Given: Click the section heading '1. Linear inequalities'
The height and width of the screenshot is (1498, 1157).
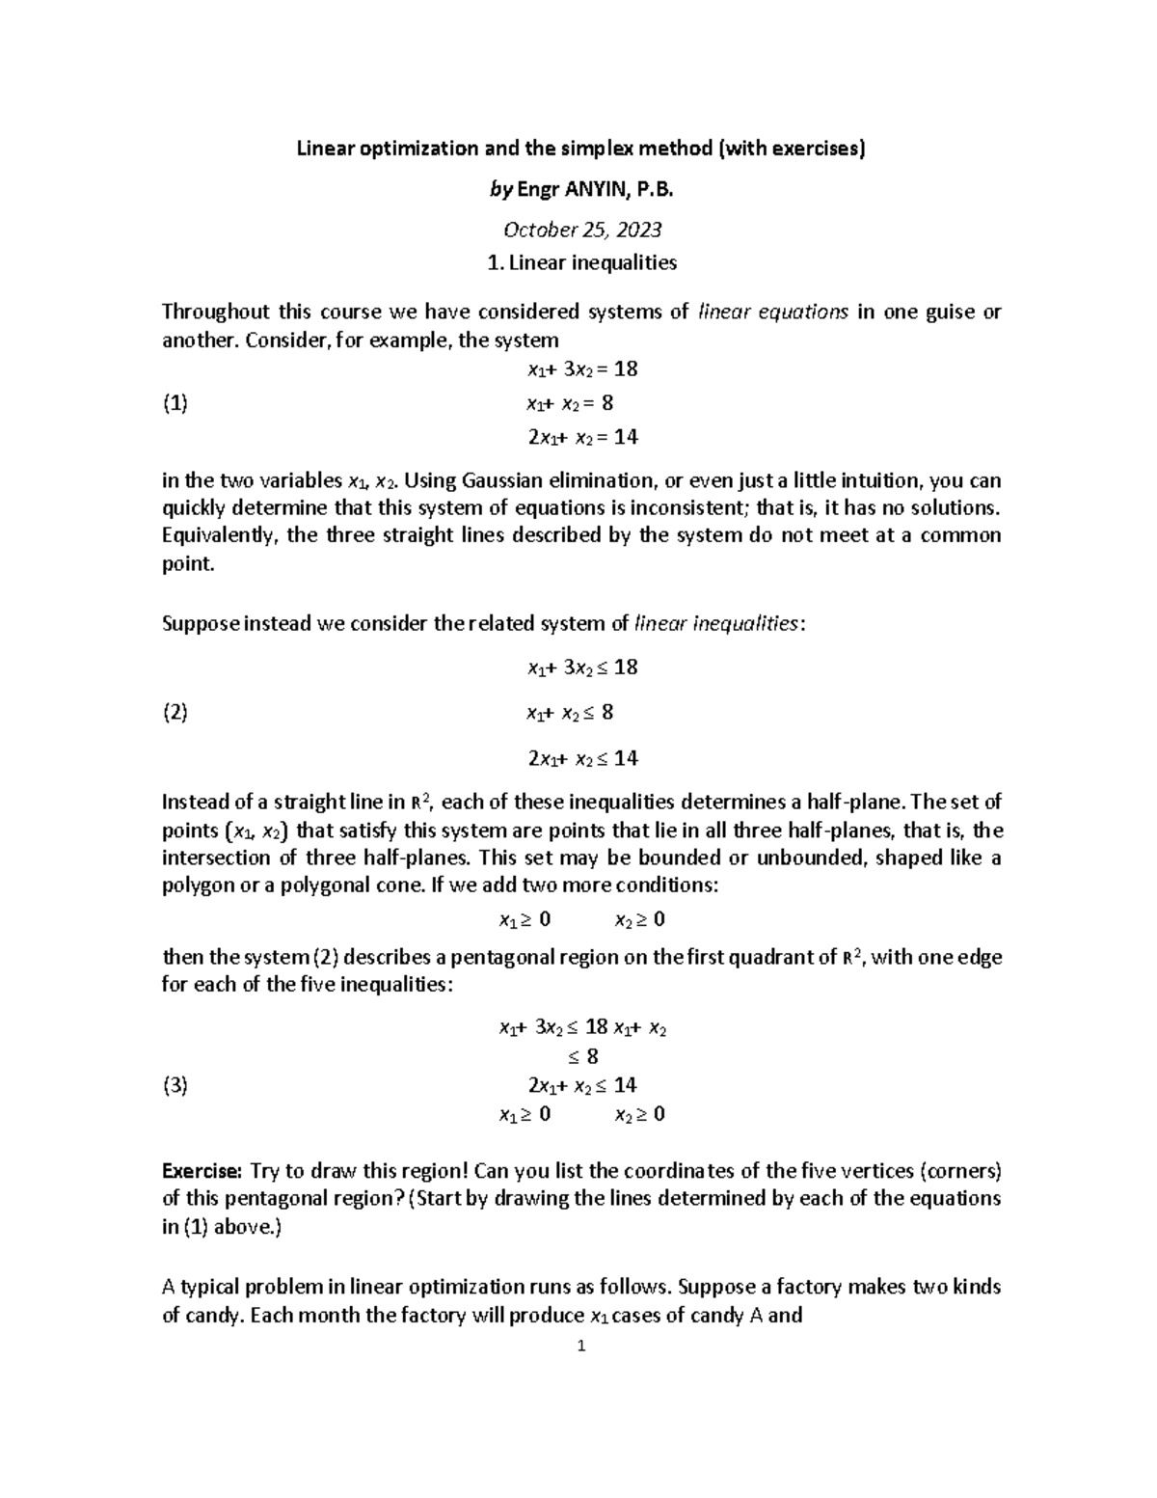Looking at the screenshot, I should [x=581, y=262].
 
